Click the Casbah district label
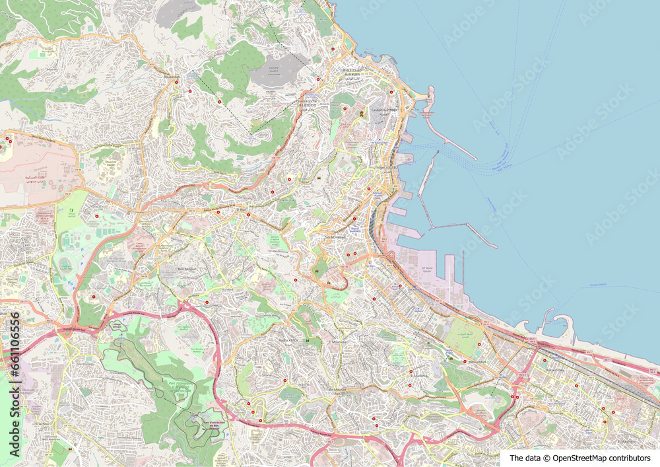click(x=383, y=110)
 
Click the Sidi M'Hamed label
click(x=335, y=237)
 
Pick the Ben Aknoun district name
click(x=188, y=269)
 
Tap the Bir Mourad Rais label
click(x=341, y=390)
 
